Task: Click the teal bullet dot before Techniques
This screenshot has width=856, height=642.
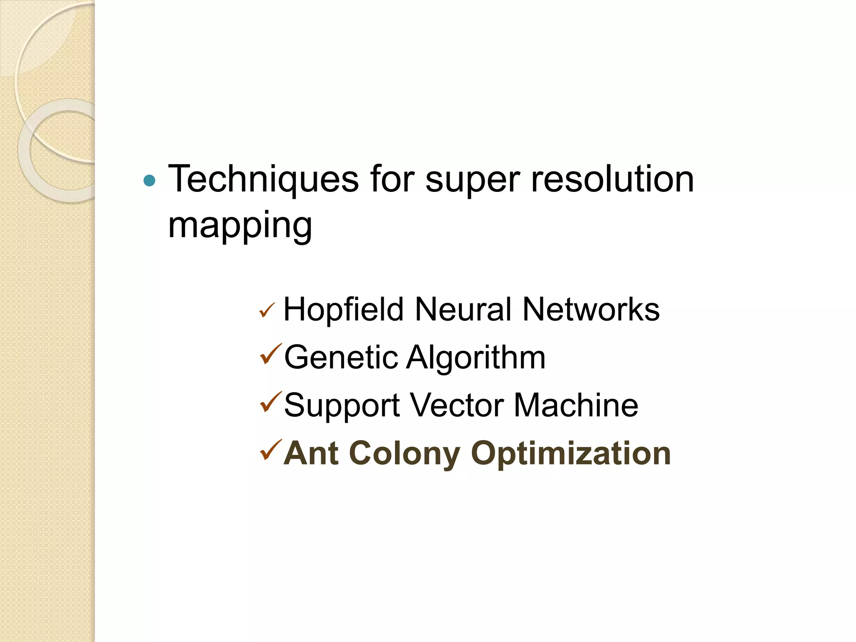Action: coord(149,181)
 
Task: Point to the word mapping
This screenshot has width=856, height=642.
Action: coord(240,226)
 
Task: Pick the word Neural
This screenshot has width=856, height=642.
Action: coord(463,310)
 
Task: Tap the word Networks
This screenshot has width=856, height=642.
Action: coord(591,310)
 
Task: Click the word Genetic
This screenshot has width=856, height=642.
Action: coord(341,358)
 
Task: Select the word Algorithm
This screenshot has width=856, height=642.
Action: coord(476,358)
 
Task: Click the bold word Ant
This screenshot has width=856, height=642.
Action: coord(311,453)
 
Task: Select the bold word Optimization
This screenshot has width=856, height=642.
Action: coord(571,454)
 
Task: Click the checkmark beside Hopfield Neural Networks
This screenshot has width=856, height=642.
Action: coord(267,310)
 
